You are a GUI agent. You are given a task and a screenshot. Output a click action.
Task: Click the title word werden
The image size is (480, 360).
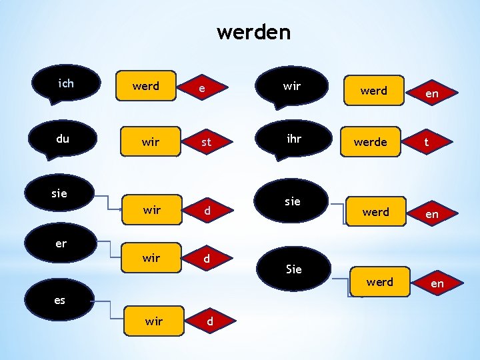pyautogui.click(x=253, y=32)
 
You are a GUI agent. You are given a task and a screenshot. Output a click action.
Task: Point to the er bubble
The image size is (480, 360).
pyautogui.click(x=61, y=243)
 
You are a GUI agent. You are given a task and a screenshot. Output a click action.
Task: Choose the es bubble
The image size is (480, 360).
pyautogui.click(x=59, y=300)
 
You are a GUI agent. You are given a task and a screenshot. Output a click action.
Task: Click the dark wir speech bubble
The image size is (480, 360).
pyautogui.click(x=291, y=87)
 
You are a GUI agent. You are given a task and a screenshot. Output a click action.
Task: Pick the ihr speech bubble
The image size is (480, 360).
pyautogui.click(x=293, y=140)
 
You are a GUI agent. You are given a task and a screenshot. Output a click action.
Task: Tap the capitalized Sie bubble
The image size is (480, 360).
pyautogui.click(x=293, y=269)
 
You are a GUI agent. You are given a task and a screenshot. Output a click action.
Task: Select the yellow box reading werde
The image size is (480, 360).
pyautogui.click(x=371, y=142)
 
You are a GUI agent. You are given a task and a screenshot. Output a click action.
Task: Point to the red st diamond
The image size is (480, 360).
pyautogui.click(x=206, y=143)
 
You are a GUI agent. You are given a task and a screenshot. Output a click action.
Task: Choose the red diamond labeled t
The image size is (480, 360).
pyautogui.click(x=427, y=142)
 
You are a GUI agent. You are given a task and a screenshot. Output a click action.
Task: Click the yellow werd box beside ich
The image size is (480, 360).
pyautogui.click(x=146, y=86)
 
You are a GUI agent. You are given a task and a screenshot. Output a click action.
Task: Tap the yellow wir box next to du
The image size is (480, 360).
pyautogui.click(x=151, y=142)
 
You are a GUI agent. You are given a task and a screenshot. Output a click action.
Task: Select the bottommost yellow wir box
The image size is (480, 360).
pyautogui.click(x=153, y=321)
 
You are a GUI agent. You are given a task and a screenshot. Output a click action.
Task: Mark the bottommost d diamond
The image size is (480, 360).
pyautogui.click(x=209, y=321)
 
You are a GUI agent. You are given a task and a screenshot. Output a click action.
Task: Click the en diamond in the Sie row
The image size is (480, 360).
pyautogui.click(x=437, y=284)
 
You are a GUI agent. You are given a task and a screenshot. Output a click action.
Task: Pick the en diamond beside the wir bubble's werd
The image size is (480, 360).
pyautogui.click(x=432, y=93)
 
